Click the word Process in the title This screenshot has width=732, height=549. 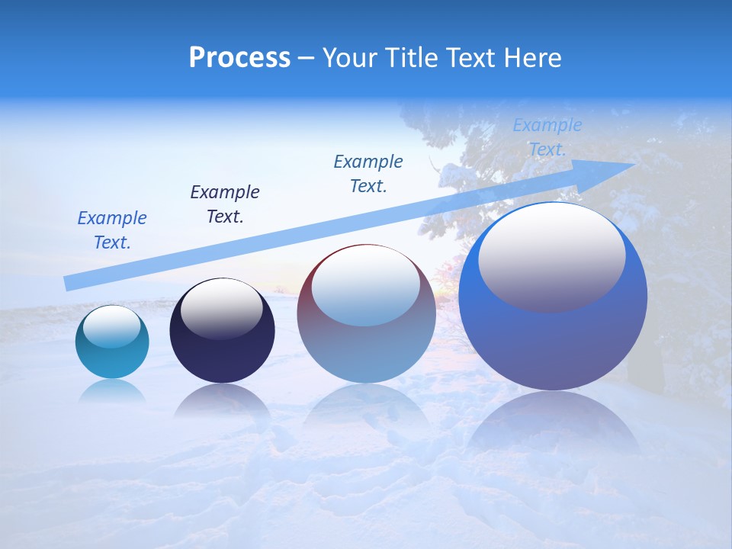pos(239,58)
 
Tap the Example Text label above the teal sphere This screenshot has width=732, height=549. pos(112,230)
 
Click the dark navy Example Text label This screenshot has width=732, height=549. pos(225,204)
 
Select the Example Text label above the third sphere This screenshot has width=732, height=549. pos(368,174)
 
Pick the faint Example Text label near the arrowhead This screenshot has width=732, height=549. pos(547,137)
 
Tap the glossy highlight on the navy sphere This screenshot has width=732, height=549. pos(221,308)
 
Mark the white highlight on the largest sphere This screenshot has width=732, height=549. pos(551,255)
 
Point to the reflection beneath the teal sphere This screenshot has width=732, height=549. pos(112,390)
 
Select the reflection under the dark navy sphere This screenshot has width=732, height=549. pos(222,400)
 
